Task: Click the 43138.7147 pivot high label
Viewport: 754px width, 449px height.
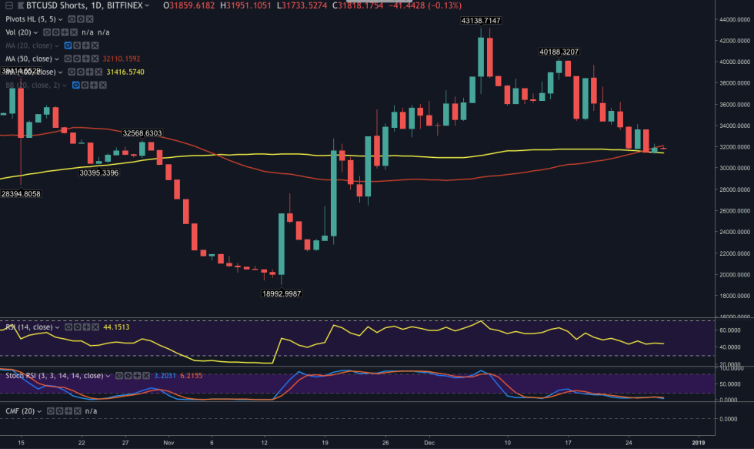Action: click(481, 21)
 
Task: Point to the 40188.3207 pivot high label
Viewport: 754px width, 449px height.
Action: click(559, 52)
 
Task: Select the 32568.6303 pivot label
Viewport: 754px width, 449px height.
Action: click(143, 132)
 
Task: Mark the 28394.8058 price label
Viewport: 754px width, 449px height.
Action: click(20, 194)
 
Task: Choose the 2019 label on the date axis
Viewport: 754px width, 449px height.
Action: click(699, 444)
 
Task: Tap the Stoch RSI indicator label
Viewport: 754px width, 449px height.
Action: click(54, 375)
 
